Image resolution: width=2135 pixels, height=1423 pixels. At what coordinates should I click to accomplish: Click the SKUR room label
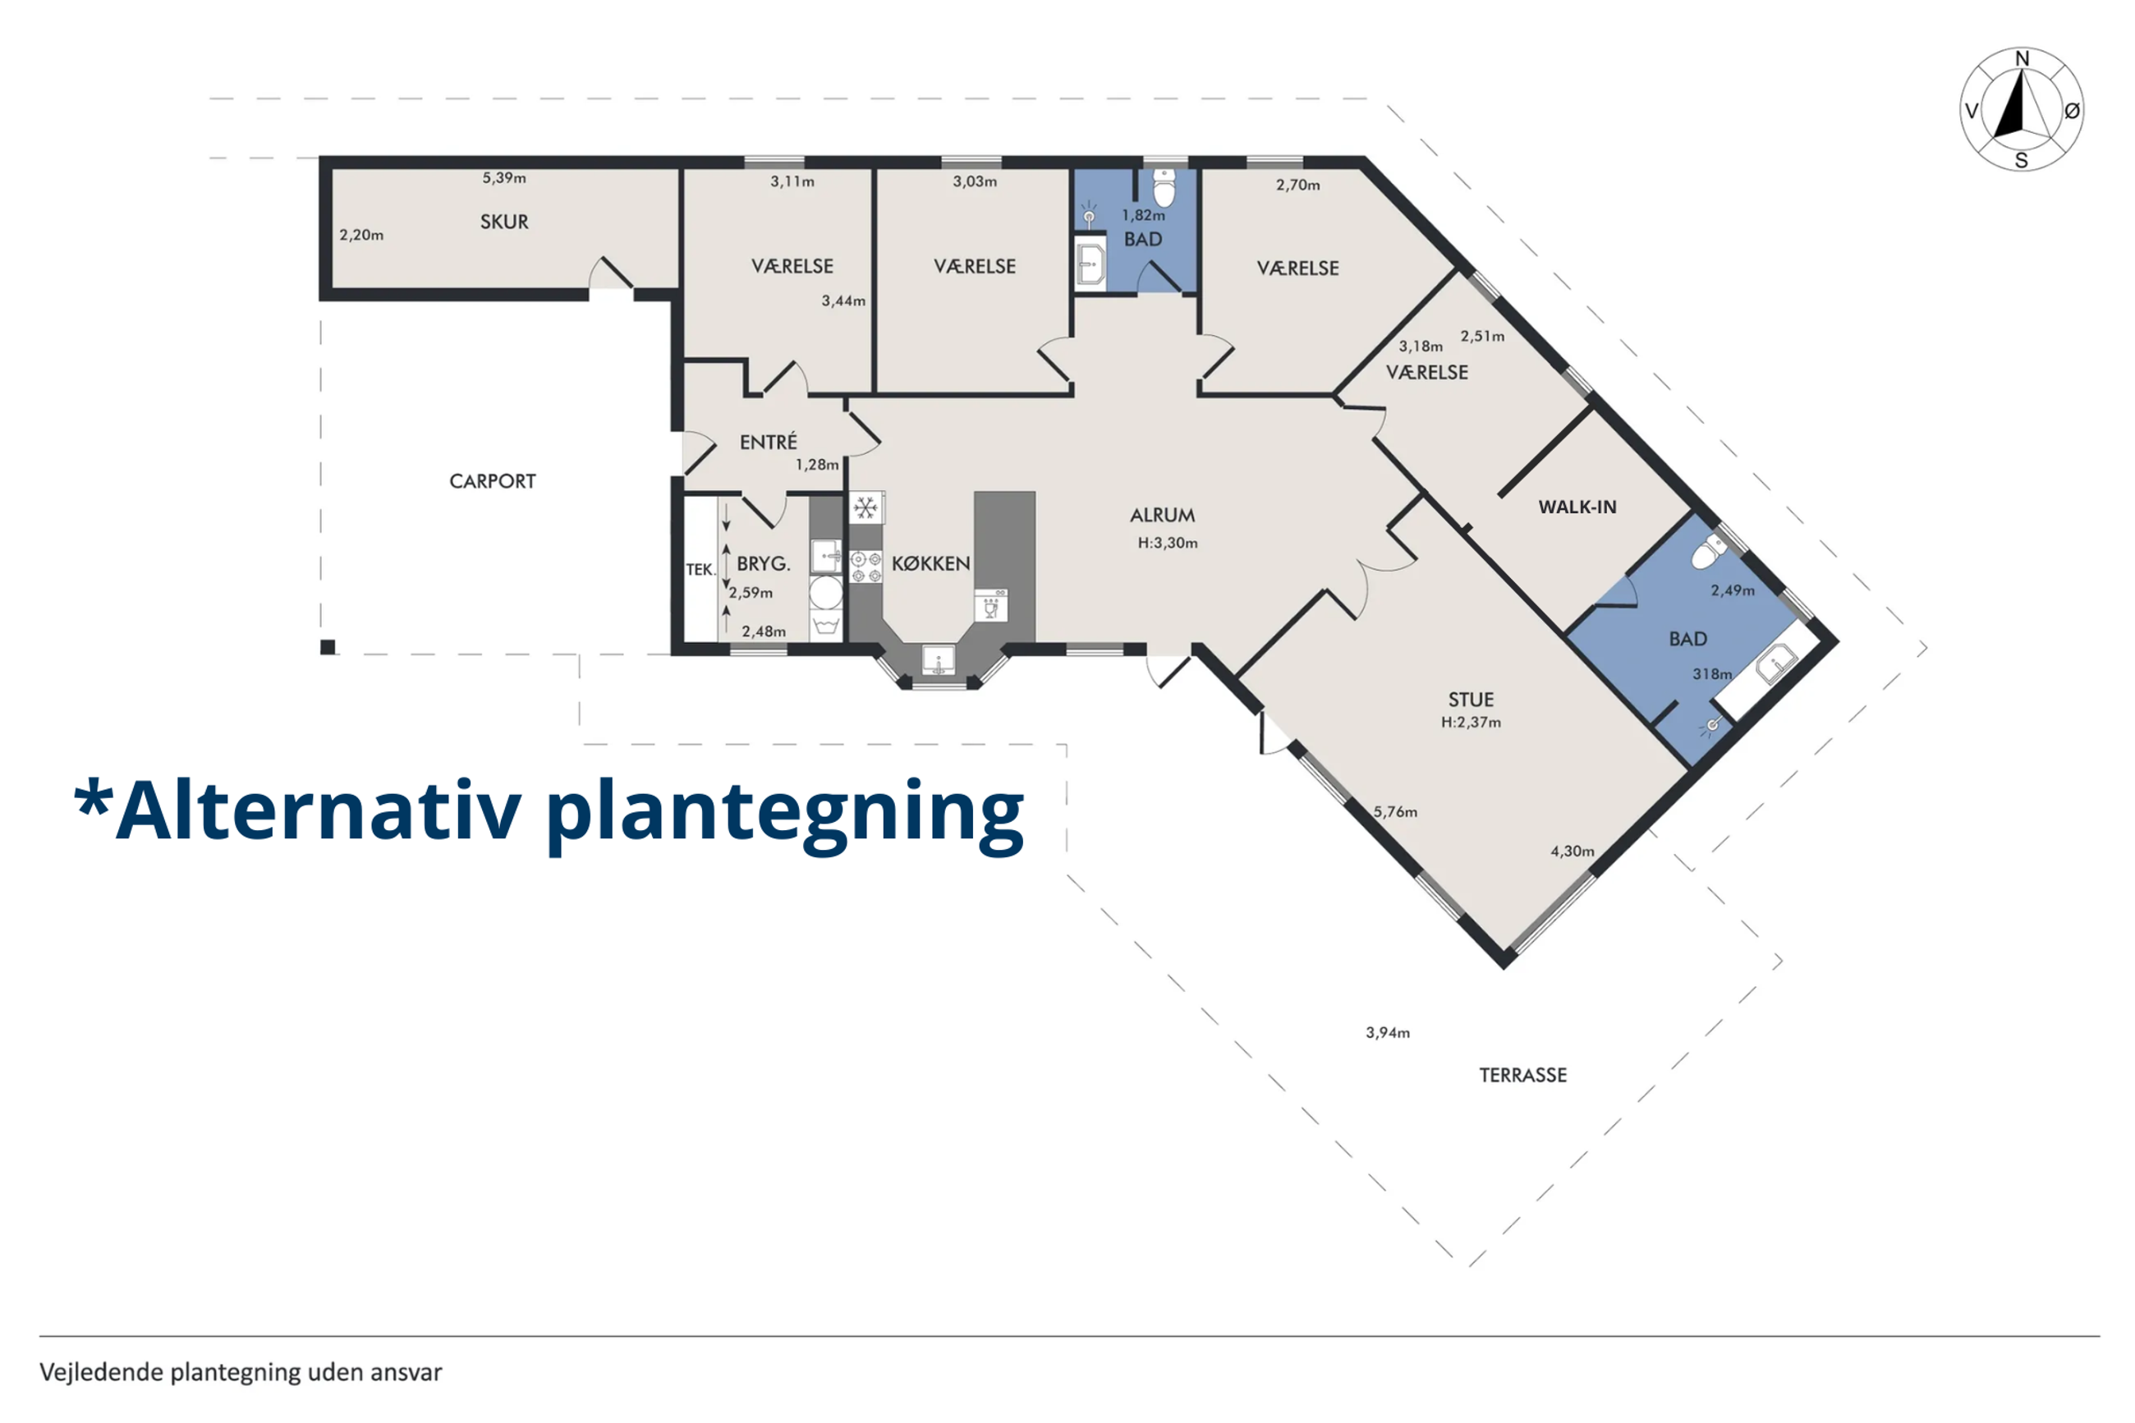[x=503, y=222]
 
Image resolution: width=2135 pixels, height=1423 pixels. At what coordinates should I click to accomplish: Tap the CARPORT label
[x=492, y=481]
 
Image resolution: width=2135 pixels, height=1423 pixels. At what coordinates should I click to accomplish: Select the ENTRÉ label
[x=768, y=442]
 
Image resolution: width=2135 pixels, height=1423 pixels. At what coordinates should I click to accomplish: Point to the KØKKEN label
[x=930, y=563]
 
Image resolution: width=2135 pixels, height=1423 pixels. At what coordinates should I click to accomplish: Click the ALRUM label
[x=1161, y=516]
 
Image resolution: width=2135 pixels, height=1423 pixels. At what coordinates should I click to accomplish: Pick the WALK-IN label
[x=1577, y=507]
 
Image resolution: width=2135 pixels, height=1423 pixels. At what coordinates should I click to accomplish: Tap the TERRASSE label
[x=1522, y=1076]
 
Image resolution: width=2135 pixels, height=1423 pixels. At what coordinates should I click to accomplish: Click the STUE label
[x=1470, y=700]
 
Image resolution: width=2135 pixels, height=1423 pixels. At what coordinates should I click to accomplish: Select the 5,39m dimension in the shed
[x=503, y=178]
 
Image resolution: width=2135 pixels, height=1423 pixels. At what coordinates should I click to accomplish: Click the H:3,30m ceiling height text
[x=1167, y=543]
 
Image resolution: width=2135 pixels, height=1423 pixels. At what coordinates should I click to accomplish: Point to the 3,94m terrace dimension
[x=1388, y=1033]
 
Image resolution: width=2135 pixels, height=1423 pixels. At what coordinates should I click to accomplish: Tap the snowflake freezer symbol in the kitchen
[x=865, y=507]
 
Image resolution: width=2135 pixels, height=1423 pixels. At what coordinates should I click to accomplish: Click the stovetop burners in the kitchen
[x=865, y=567]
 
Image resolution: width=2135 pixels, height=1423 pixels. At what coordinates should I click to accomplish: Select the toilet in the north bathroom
[x=1164, y=188]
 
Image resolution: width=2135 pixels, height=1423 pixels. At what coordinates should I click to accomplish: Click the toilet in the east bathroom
[x=1710, y=550]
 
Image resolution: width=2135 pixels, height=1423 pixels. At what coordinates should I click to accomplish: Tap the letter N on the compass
[x=2022, y=59]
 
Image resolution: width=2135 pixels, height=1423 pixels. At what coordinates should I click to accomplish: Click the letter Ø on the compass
[x=2072, y=111]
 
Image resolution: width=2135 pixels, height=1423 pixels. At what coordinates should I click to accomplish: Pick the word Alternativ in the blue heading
[x=319, y=810]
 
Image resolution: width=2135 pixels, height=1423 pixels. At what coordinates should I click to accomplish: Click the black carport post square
[x=328, y=647]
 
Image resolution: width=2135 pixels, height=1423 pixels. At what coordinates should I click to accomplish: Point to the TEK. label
[x=700, y=570]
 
